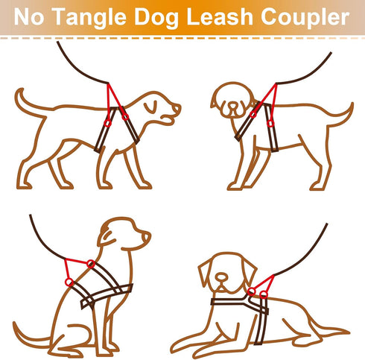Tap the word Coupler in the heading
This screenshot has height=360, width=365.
309,16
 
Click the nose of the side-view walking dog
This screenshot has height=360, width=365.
177,110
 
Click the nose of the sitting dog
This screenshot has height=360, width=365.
147,236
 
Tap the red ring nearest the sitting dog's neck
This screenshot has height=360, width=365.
91,263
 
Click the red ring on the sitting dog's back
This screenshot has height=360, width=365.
68,282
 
